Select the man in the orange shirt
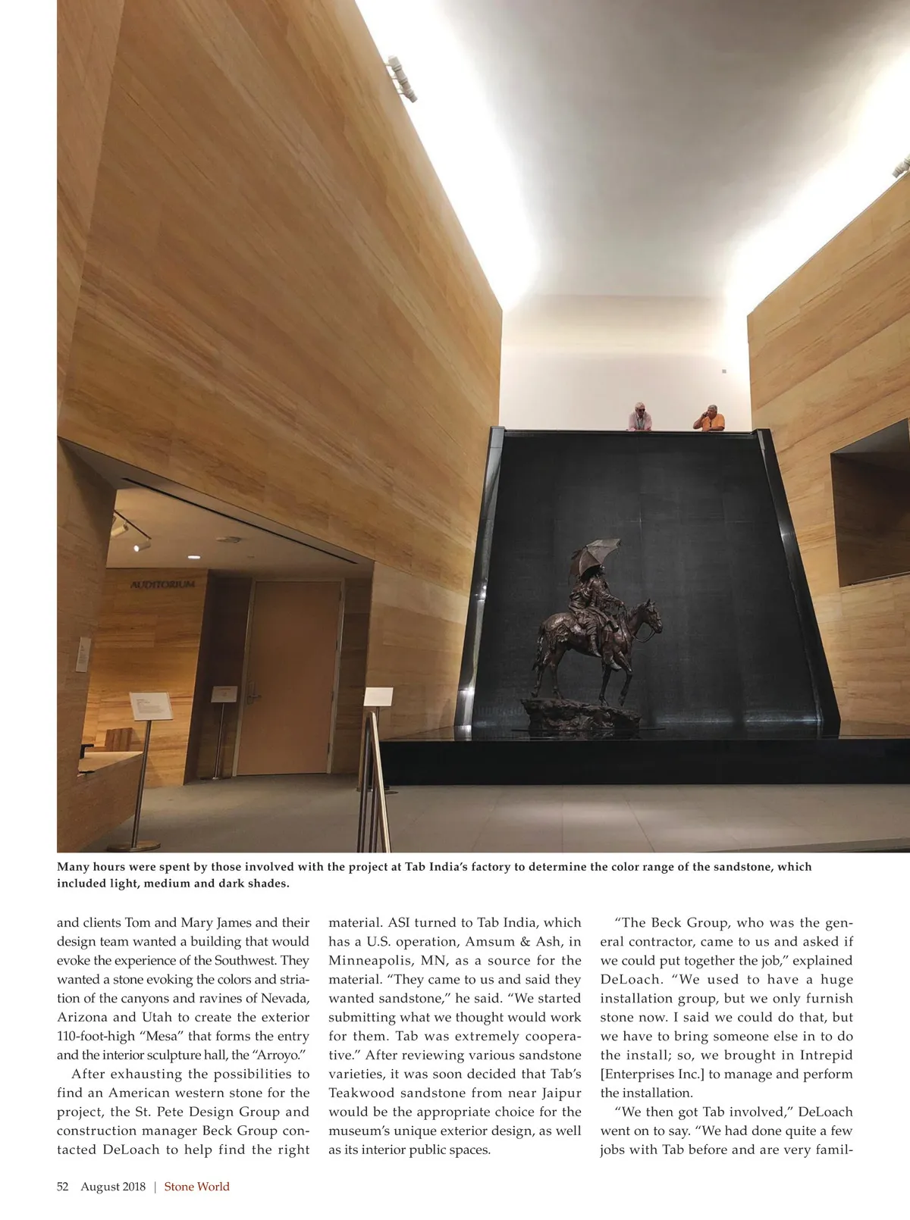click(x=711, y=418)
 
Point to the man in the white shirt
click(x=641, y=417)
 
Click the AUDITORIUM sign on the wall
click(x=163, y=584)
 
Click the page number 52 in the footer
click(x=63, y=1187)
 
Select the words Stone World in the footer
click(x=196, y=1187)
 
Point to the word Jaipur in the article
click(x=561, y=1093)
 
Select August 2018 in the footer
click(x=113, y=1187)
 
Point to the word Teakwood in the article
click(x=361, y=1093)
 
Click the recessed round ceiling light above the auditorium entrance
click(x=195, y=557)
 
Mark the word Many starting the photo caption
click(x=73, y=867)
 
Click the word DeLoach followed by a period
click(x=631, y=979)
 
